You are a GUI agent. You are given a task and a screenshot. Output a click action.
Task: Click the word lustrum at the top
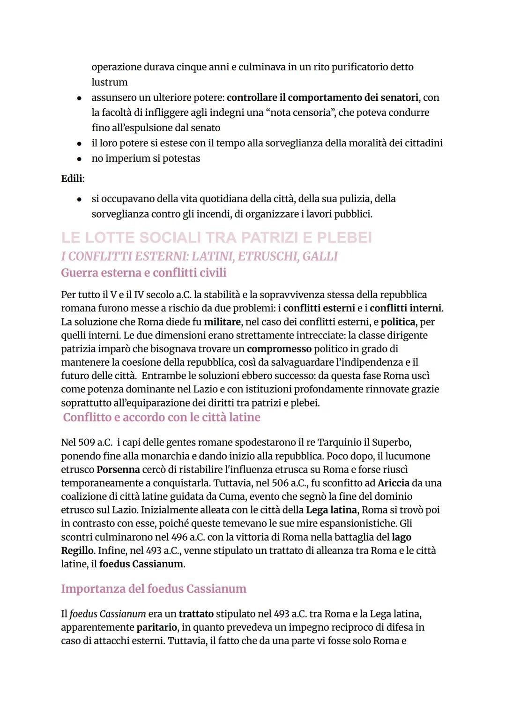point(109,82)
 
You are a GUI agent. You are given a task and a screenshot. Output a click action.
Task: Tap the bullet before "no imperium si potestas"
point(80,159)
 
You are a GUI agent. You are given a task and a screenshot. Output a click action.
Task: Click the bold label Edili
point(72,179)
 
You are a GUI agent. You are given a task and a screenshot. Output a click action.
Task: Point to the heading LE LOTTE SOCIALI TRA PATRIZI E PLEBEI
point(216,238)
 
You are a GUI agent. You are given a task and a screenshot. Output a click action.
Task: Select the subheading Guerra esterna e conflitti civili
point(143,272)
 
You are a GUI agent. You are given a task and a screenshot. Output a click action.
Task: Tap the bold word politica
point(398,322)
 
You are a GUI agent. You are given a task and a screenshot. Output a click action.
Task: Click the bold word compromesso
point(279,349)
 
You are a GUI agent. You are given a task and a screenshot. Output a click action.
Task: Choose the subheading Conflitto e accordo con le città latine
point(162,417)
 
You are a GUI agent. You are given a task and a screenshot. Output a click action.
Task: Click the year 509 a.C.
point(87,443)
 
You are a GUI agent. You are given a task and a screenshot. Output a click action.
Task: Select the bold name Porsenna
point(118,469)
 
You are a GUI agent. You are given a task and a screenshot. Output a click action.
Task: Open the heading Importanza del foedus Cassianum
point(153,588)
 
